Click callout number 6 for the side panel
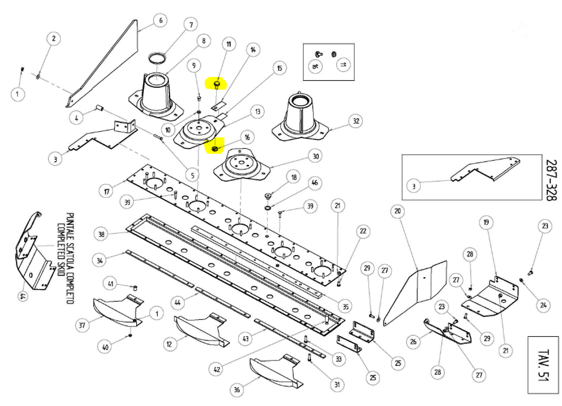coord(161,21)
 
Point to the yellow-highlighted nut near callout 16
coord(215,148)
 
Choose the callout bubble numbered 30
coord(315,156)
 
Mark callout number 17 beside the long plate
coord(106,192)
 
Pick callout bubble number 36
coord(237,390)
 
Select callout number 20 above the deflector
coord(397,211)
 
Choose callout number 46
coord(314,182)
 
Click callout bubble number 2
coord(54,38)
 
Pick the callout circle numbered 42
coord(218,369)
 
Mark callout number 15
coord(279,69)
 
